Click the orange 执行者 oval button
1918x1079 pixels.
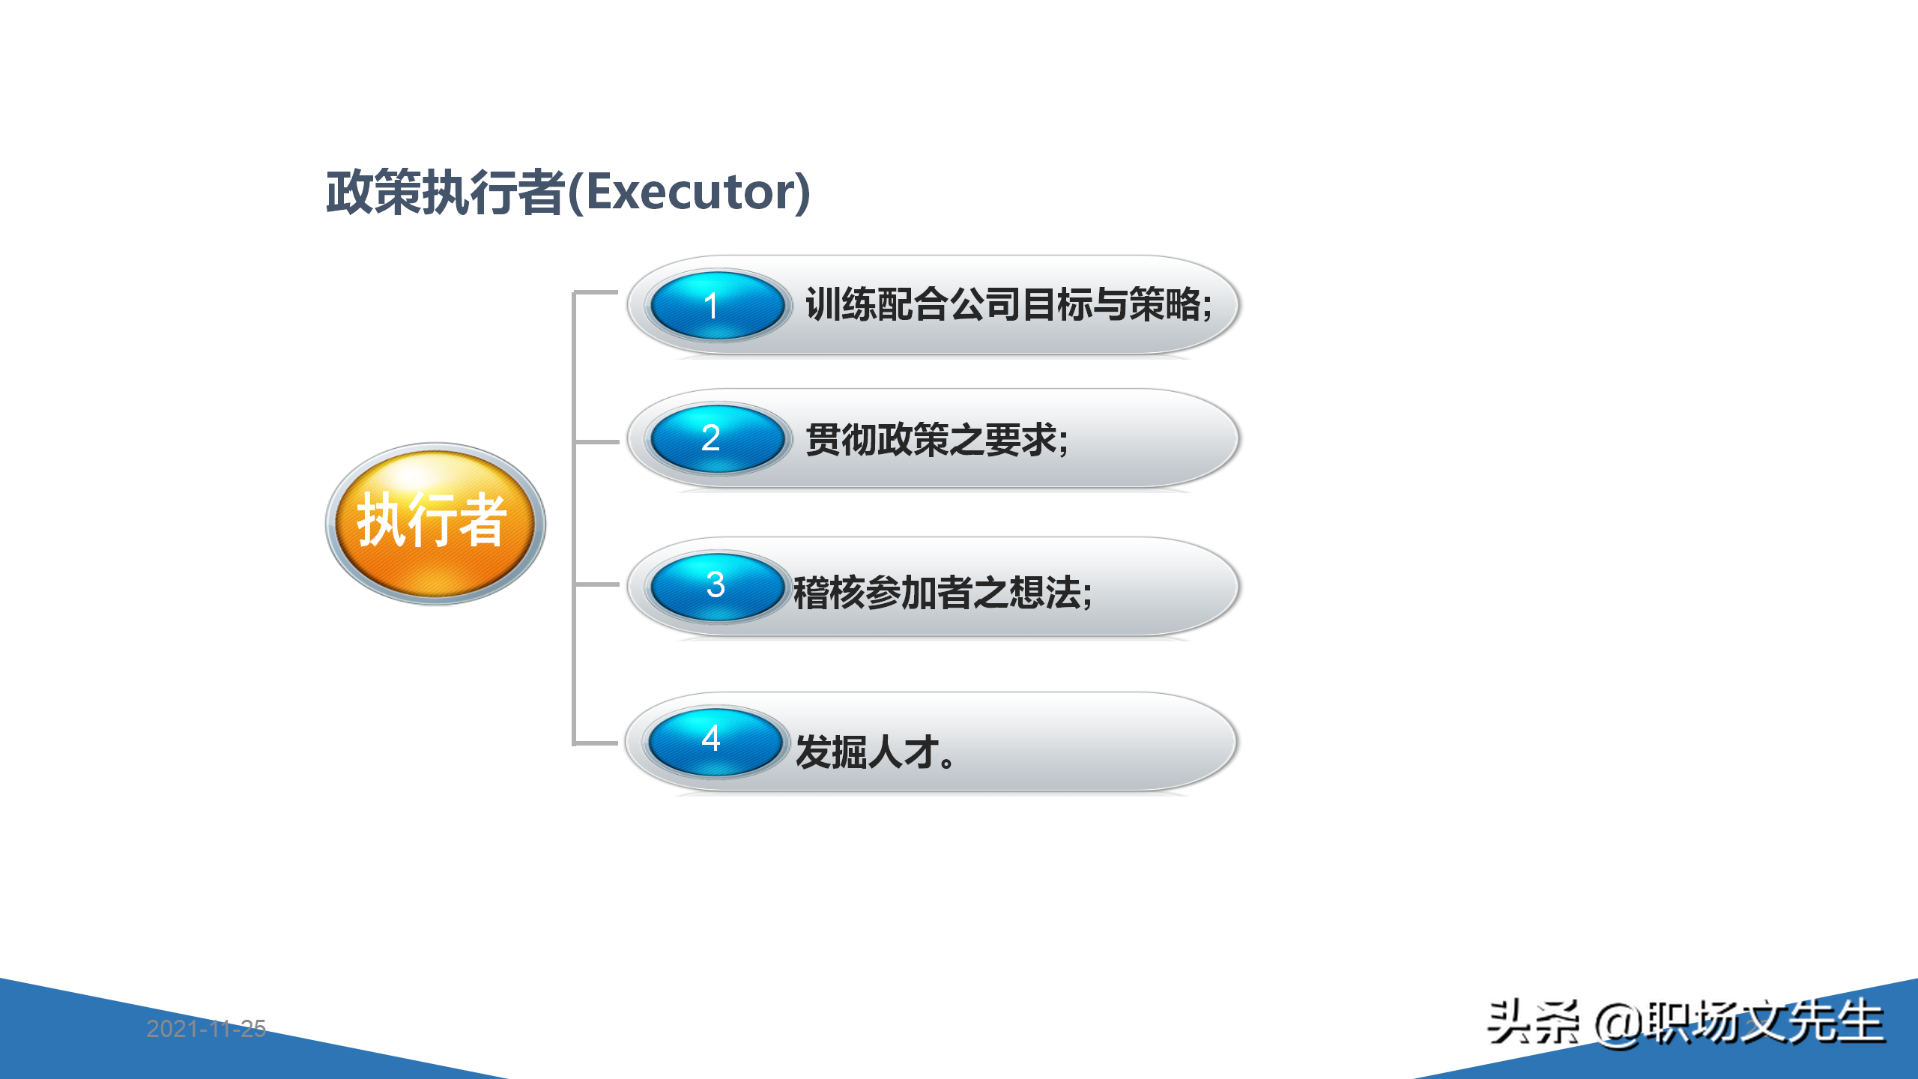435,522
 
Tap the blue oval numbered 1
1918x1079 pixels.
717,306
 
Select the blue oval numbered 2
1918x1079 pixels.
717,438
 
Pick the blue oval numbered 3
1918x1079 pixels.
717,586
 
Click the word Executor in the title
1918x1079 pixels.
689,192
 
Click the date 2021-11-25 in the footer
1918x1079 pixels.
206,1029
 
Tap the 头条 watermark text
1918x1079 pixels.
1533,1022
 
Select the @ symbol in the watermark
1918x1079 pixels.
1618,1024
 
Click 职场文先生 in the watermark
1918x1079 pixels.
1764,1022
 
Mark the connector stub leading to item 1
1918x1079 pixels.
596,292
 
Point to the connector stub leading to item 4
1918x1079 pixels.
596,743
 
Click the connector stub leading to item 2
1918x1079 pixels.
596,442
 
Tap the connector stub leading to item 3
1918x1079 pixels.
596,584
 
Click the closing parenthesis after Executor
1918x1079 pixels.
802,193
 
